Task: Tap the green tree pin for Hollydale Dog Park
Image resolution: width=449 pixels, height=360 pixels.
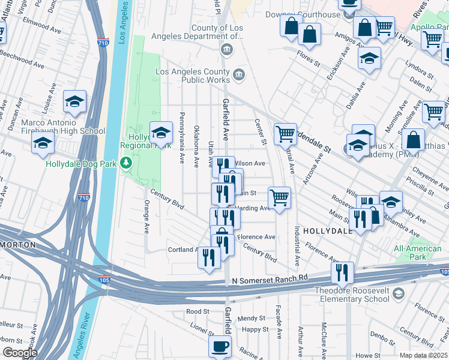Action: [126, 163]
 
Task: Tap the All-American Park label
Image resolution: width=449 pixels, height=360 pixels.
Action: [418, 253]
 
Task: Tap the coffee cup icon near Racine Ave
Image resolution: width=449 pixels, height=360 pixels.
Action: [220, 346]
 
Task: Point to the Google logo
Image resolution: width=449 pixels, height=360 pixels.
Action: [20, 353]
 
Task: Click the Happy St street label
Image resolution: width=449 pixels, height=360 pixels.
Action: [256, 329]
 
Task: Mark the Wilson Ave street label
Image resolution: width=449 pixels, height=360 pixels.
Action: [250, 163]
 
